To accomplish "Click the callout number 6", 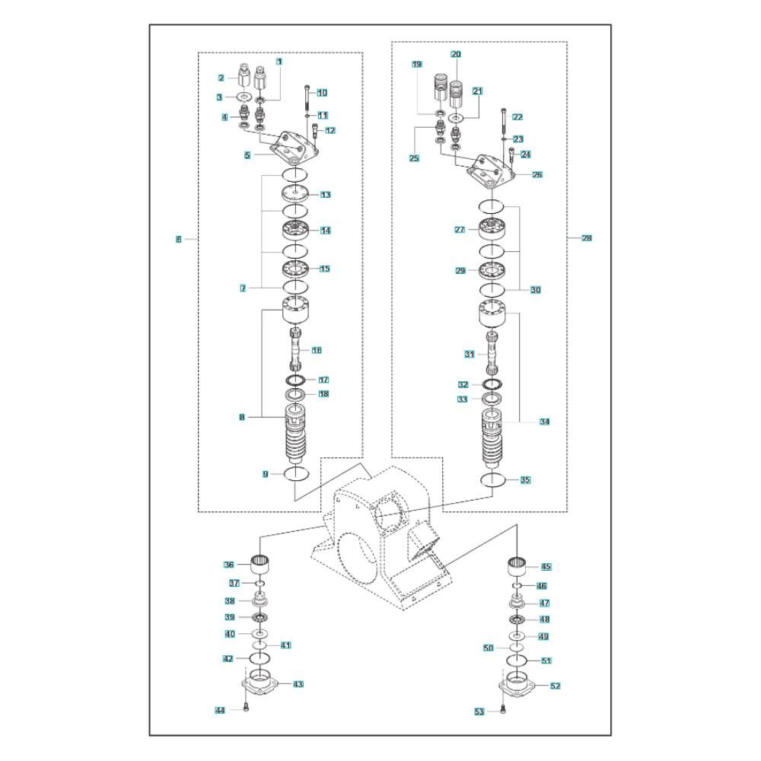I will (x=178, y=239).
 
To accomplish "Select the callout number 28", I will (x=587, y=238).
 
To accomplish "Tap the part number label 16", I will (x=317, y=350).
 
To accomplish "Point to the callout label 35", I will (x=525, y=480).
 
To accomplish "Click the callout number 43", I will (x=298, y=684).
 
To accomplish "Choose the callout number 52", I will (x=556, y=686).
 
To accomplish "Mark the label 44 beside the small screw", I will (x=220, y=710).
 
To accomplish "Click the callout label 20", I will (x=456, y=54).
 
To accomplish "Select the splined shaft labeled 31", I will (x=492, y=353).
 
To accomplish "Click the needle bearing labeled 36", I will (x=261, y=565).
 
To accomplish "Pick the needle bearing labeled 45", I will (x=518, y=567).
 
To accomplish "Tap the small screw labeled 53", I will (x=505, y=712).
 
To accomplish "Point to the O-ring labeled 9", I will (x=295, y=474).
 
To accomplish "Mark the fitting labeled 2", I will (x=244, y=77).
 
